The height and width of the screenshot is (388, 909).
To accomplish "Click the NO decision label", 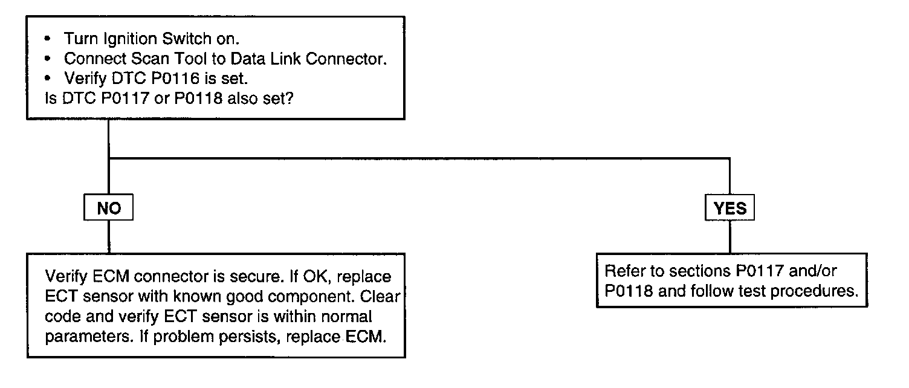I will pos(109,209).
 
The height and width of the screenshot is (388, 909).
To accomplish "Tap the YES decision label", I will pos(730,209).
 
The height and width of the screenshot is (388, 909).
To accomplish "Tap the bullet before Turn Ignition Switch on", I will pos(48,39).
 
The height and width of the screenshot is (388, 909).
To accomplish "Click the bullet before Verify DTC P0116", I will pos(48,78).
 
